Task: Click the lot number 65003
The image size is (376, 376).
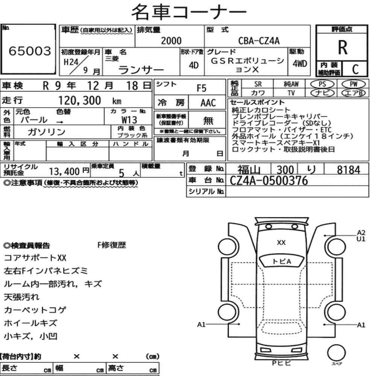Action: tap(30, 51)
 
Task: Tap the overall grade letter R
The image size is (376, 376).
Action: tap(343, 47)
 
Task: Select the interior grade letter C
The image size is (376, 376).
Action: tap(355, 69)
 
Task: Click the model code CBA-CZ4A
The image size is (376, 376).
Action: tap(259, 41)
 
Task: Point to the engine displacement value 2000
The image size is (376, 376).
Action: tap(171, 41)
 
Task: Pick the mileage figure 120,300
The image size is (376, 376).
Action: tap(80, 100)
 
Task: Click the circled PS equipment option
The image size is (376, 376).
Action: tap(322, 84)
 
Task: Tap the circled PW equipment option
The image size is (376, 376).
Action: tap(353, 84)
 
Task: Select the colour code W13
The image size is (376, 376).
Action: tap(129, 120)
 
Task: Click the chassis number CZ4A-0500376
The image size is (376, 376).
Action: tap(268, 180)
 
